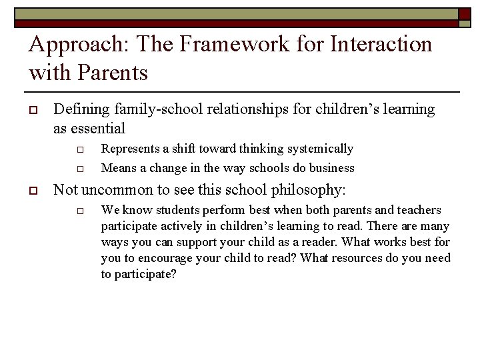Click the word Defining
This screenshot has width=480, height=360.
tap(81, 109)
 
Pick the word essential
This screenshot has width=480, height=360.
tap(98, 128)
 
